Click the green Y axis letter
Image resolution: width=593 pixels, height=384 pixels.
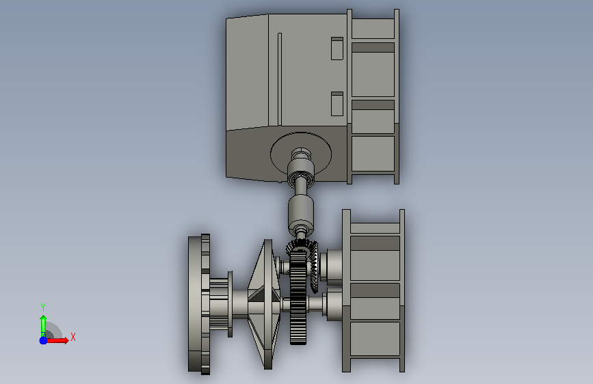tap(43, 307)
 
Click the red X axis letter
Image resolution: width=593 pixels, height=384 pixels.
tap(73, 337)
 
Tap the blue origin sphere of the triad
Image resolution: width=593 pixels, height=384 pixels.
tap(44, 340)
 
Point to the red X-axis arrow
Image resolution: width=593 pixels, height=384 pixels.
tap(57, 340)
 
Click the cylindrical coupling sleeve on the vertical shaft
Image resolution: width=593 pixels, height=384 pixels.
tap(301, 215)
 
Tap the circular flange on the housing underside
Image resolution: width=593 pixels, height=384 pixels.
tap(301, 155)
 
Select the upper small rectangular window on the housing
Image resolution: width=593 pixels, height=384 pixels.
tap(337, 49)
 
